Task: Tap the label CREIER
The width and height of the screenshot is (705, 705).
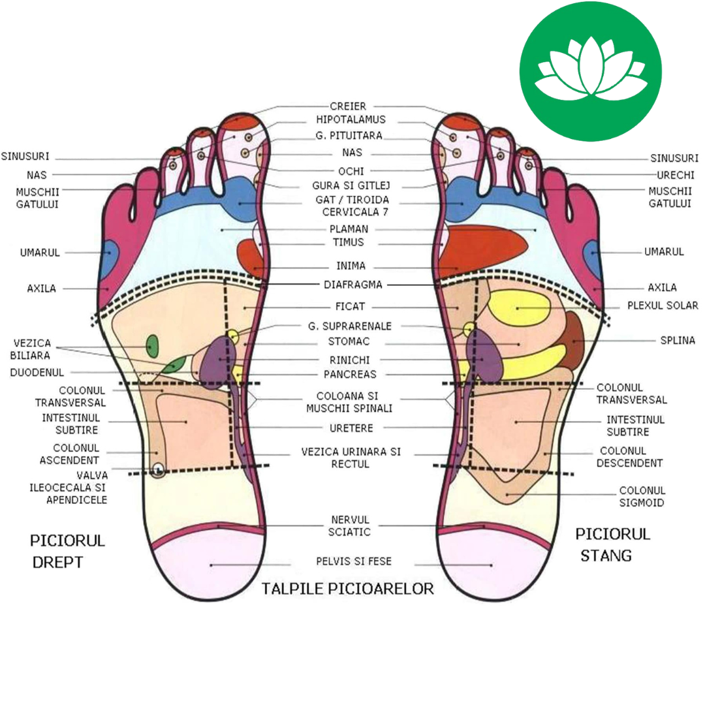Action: click(x=348, y=106)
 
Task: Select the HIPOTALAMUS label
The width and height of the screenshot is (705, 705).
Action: click(x=351, y=120)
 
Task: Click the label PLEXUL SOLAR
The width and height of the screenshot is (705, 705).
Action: click(x=663, y=305)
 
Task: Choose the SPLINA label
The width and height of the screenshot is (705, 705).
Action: click(x=678, y=340)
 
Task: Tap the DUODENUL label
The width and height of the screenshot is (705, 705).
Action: click(x=37, y=373)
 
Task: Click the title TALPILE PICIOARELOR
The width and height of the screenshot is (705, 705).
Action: click(x=348, y=589)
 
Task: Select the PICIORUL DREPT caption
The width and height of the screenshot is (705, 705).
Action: click(x=67, y=551)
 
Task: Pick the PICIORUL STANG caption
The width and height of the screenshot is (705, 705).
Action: click(x=612, y=544)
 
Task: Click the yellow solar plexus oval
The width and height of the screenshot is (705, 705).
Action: click(x=520, y=307)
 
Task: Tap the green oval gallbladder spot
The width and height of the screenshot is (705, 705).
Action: click(x=153, y=345)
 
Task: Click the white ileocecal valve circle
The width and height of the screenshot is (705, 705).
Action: click(x=157, y=469)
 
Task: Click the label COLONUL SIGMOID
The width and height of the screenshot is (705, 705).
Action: click(x=642, y=497)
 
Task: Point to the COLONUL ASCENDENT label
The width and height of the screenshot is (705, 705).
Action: click(x=76, y=454)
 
